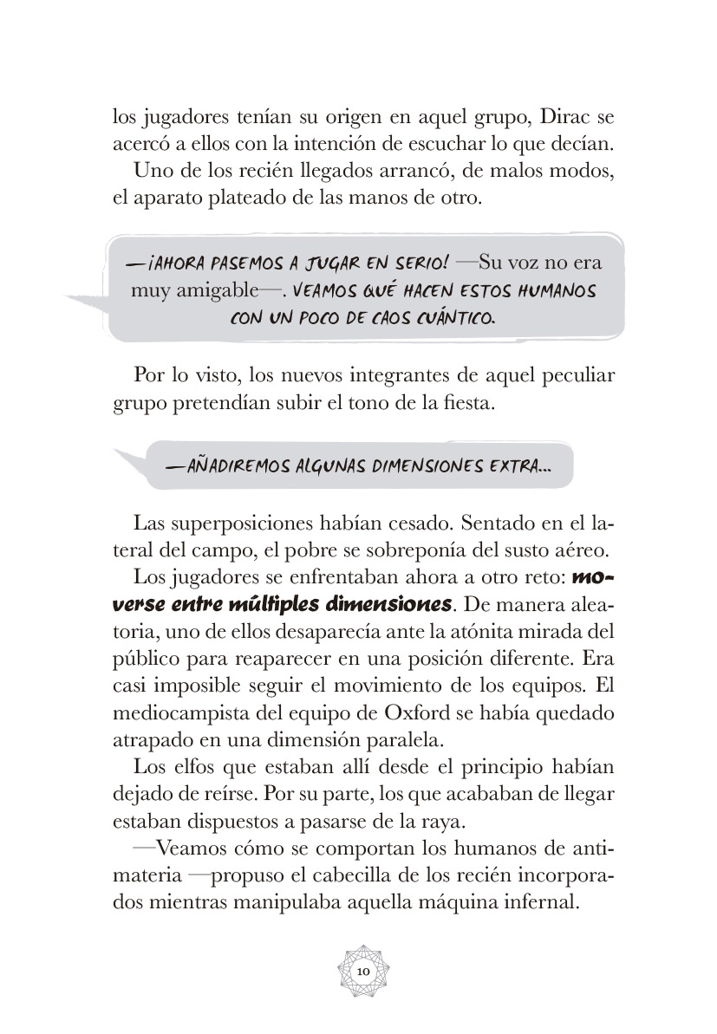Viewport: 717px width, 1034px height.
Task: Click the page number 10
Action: pyautogui.click(x=363, y=972)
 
